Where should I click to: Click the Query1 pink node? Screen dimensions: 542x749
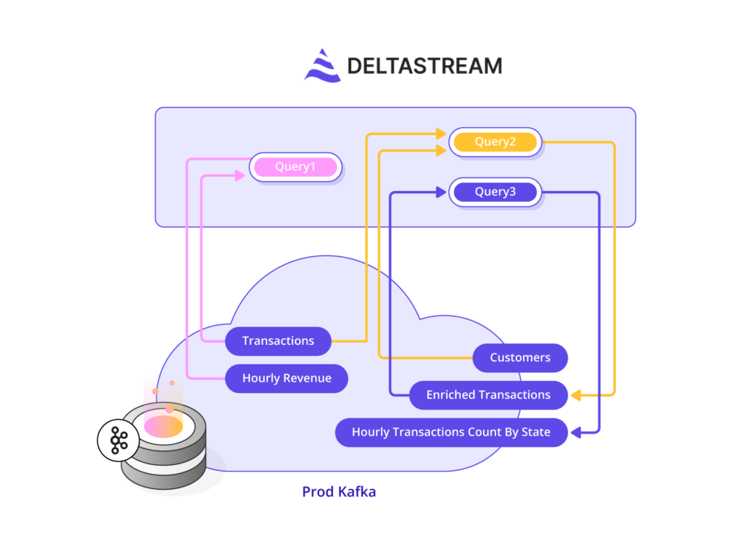(296, 167)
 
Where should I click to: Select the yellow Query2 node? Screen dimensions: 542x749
(495, 142)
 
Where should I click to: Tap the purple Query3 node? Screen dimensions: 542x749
(495, 193)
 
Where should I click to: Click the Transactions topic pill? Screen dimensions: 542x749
(278, 341)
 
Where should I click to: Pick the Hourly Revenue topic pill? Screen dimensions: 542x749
(287, 378)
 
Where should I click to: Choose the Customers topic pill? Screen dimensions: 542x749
(520, 357)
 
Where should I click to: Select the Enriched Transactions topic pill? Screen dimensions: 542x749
(488, 395)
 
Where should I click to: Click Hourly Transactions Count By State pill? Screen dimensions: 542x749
(451, 432)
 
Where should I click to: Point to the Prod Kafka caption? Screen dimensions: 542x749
(339, 491)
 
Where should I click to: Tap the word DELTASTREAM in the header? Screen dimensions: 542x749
(424, 66)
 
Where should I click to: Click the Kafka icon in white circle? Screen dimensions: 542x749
(118, 440)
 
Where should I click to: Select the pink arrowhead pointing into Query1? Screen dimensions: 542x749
(239, 175)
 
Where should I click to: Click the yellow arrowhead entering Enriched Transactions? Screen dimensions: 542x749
(576, 395)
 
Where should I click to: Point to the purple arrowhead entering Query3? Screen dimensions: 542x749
(440, 193)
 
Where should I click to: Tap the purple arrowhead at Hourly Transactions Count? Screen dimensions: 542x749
(576, 432)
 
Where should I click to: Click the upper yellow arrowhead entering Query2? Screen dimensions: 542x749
(440, 134)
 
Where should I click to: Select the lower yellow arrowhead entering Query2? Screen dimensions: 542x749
(440, 150)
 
